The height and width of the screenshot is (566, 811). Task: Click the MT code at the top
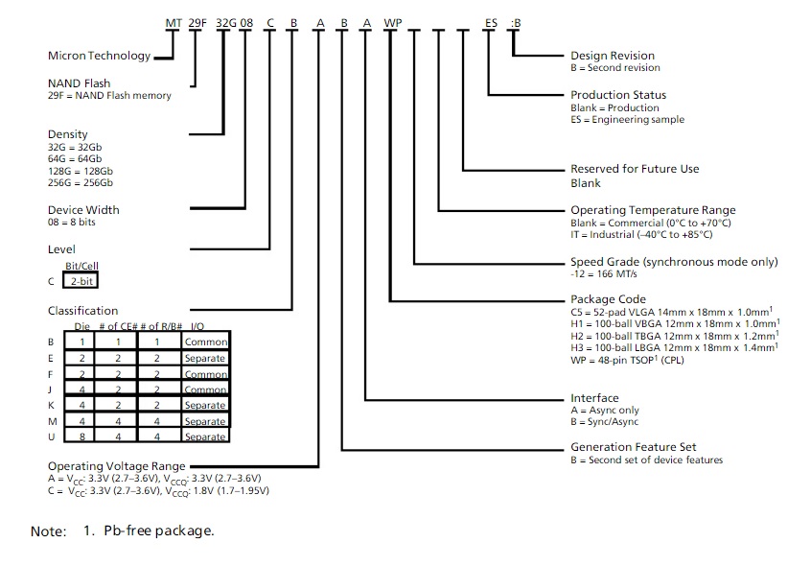173,20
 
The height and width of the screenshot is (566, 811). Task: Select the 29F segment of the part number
197,20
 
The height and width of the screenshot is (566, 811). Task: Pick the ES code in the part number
491,20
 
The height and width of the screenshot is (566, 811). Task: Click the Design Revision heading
613,56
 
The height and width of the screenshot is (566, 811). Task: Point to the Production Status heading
618,95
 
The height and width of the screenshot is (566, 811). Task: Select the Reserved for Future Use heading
635,169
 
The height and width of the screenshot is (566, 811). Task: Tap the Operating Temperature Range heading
653,210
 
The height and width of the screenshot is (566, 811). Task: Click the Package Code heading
608,299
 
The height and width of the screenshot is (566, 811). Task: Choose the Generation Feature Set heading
633,447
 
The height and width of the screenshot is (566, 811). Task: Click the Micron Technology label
99,55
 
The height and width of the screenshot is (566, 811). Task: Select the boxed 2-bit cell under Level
81,281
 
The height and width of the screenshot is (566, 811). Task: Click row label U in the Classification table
51,436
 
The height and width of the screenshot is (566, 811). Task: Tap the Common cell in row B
206,342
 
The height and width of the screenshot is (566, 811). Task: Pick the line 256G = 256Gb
81,182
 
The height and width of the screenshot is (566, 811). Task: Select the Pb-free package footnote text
159,531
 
